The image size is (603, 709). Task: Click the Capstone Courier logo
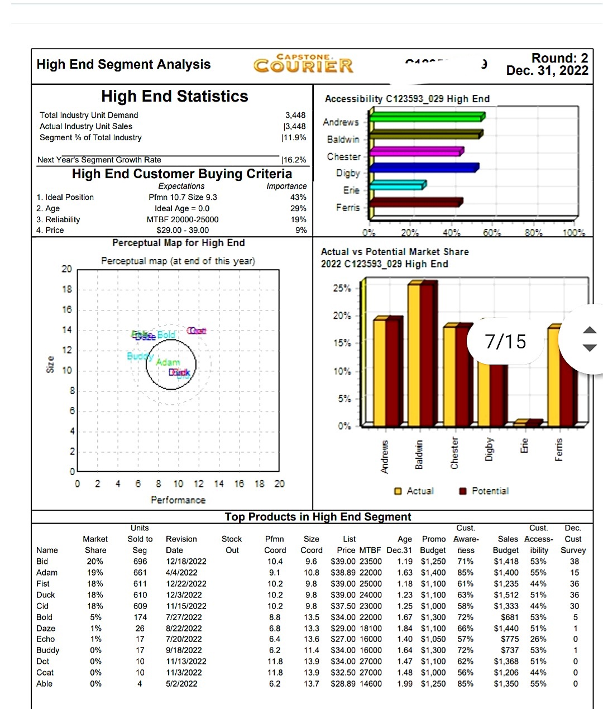click(303, 64)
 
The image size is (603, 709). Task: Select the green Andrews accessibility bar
click(427, 117)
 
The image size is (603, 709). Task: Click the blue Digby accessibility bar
click(424, 167)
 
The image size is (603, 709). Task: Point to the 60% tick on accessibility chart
click(491, 232)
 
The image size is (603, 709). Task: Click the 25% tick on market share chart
click(342, 288)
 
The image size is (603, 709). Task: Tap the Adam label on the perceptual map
click(167, 362)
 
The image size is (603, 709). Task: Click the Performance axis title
click(178, 500)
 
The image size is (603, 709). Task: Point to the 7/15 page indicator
click(505, 341)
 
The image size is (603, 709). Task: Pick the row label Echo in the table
click(46, 639)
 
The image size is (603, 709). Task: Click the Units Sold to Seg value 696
click(140, 561)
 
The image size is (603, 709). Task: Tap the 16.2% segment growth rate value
click(295, 160)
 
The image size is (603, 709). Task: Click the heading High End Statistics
click(175, 96)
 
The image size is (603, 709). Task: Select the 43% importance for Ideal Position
click(298, 197)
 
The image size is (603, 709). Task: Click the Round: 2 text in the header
click(559, 58)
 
